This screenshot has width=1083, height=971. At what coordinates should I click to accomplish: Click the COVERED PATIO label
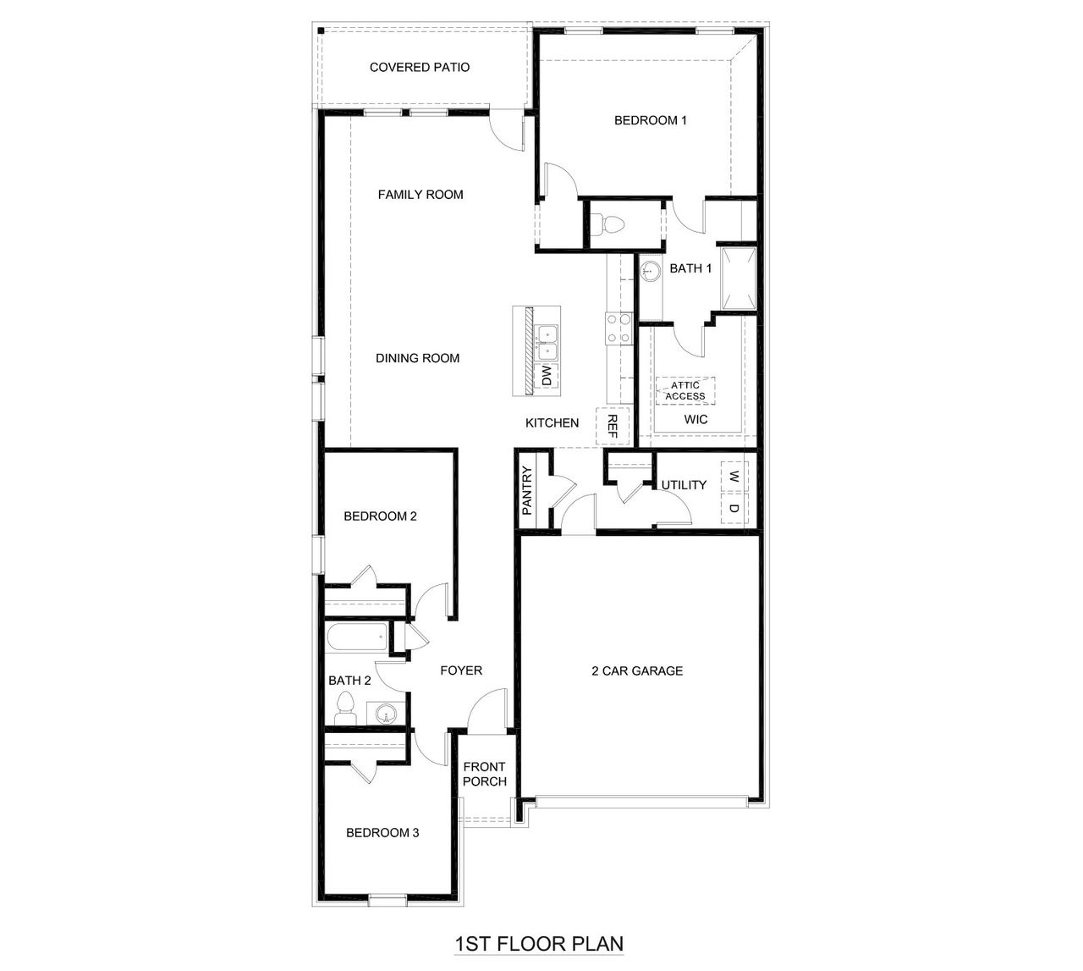pos(420,67)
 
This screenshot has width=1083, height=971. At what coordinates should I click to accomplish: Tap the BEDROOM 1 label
pos(650,120)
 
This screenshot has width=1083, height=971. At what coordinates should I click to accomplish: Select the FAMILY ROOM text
pos(421,195)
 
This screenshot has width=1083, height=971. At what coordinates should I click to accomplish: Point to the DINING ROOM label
pos(418,358)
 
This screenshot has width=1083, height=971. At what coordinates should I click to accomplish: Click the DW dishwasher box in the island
pos(547,376)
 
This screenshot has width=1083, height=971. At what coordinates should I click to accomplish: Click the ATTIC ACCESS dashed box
pos(685,390)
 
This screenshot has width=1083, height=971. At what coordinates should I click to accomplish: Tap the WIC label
pos(695,419)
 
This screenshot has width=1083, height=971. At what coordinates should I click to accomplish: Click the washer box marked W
pos(734,477)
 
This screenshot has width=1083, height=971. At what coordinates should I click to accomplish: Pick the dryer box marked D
pos(734,510)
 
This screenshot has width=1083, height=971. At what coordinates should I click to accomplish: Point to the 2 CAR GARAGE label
pos(636,671)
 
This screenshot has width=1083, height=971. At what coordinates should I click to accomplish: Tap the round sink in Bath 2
pos(386,714)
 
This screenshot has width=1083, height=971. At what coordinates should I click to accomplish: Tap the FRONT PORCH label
pos(485,774)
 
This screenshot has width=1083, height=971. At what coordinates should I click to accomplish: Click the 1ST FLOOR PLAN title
pos(539,943)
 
